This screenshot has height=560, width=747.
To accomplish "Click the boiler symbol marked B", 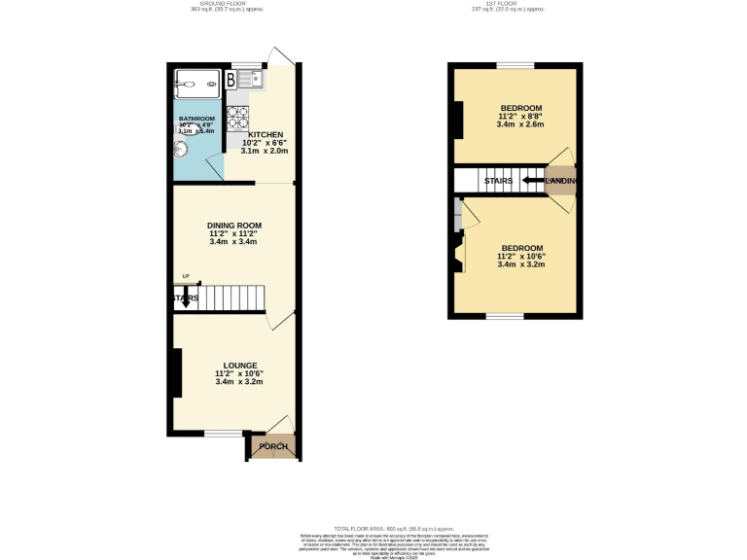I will pyautogui.click(x=231, y=80).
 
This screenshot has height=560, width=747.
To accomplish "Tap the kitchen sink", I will pyautogui.click(x=243, y=79).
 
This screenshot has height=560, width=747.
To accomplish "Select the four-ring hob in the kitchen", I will pyautogui.click(x=236, y=117).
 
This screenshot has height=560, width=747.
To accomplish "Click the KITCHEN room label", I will pyautogui.click(x=265, y=135).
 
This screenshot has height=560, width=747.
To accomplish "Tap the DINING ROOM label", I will pyautogui.click(x=233, y=226).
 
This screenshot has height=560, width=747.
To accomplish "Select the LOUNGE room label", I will pyautogui.click(x=239, y=366).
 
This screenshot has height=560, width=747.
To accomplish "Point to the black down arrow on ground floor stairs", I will pyautogui.click(x=185, y=298).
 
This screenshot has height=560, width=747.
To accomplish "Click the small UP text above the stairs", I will pyautogui.click(x=185, y=277).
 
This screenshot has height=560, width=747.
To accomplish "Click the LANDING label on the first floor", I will pyautogui.click(x=561, y=181).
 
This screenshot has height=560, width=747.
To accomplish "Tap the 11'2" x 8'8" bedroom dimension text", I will pyautogui.click(x=520, y=116).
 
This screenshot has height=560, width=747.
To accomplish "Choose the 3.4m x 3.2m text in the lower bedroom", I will pyautogui.click(x=520, y=264).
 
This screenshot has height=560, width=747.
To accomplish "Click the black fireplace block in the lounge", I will pyautogui.click(x=176, y=373).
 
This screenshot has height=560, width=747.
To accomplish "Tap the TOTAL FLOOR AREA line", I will pyautogui.click(x=373, y=525).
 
